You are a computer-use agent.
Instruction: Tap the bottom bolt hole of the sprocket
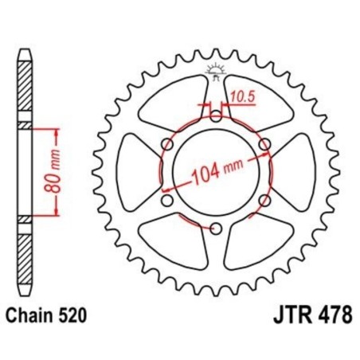[216, 229]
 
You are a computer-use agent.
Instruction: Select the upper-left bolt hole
[166, 143]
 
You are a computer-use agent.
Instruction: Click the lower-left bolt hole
[166, 201]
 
